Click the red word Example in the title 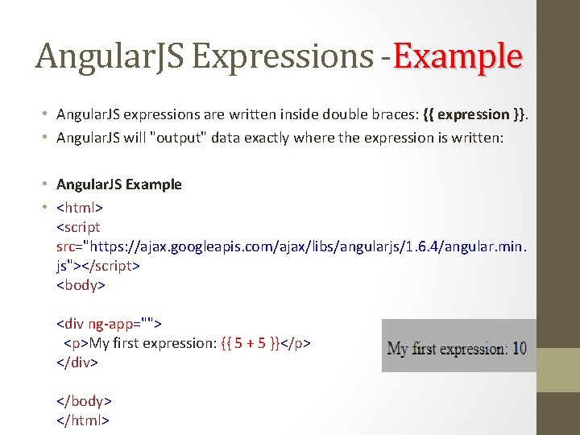458,56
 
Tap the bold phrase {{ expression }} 478,114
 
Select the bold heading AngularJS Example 119,184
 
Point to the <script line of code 78,227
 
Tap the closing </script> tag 109,265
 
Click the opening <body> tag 81,284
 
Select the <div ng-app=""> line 109,324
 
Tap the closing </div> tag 77,362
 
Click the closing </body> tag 84,401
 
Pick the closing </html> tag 83,420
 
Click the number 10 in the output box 519,349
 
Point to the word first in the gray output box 428,349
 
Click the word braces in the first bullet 395,114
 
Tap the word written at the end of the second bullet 478,138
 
